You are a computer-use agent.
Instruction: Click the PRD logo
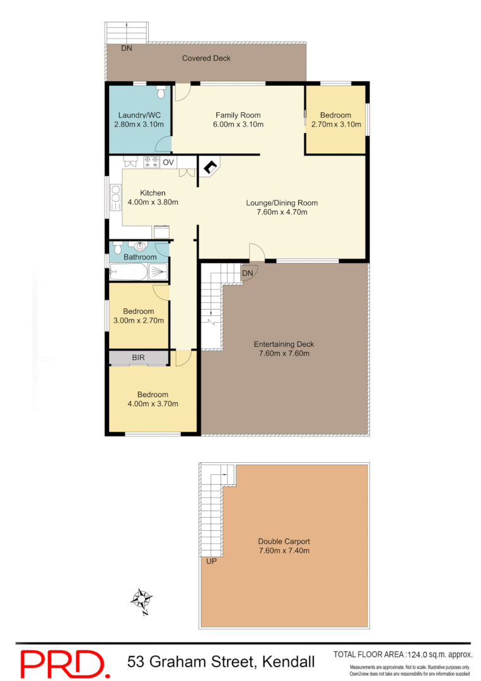tap(63, 663)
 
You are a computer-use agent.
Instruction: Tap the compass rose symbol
tap(143, 598)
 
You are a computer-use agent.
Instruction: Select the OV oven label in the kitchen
tap(168, 163)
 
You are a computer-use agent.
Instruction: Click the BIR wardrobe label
tap(139, 358)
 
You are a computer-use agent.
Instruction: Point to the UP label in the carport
tap(211, 560)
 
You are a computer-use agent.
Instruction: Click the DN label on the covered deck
tap(127, 48)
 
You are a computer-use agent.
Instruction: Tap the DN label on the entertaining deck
tap(247, 272)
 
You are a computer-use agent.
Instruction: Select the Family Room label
tap(238, 115)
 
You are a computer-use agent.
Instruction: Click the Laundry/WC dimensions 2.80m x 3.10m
tap(139, 124)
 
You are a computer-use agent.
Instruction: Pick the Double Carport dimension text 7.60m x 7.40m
tap(284, 550)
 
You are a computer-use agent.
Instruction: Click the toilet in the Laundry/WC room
tap(160, 93)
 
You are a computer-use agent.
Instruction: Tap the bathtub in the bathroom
tap(129, 272)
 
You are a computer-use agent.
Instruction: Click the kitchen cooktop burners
tap(151, 163)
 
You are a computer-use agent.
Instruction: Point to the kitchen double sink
tap(115, 197)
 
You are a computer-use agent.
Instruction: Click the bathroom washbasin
tap(139, 247)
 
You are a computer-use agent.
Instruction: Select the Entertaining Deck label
tap(284, 344)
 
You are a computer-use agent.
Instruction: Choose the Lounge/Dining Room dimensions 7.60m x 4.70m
tap(282, 212)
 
